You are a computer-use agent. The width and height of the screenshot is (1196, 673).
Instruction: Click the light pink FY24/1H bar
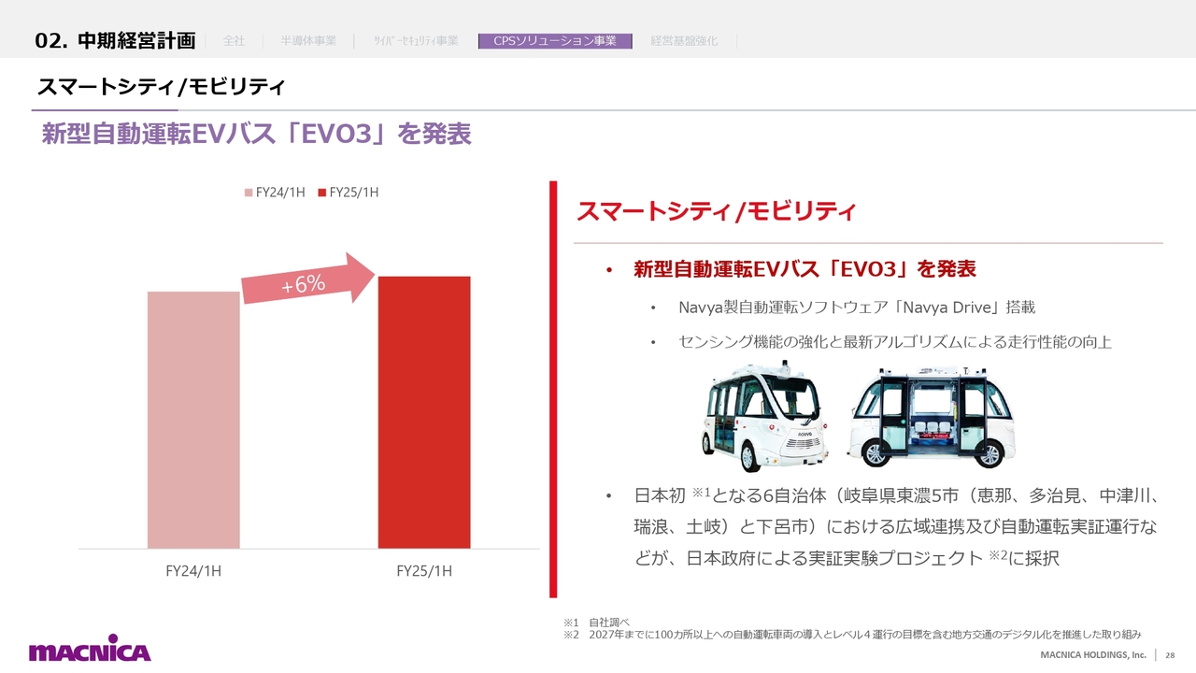193,420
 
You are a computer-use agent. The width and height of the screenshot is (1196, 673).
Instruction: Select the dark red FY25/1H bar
424,412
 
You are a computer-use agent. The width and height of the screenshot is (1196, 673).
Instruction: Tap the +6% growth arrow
307,279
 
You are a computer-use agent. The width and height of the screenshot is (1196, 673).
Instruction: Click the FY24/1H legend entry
275,193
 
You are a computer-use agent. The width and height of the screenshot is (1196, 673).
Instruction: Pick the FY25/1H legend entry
349,193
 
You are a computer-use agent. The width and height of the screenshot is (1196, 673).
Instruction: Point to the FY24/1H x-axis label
193,571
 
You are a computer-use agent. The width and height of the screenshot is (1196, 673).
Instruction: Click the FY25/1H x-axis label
424,571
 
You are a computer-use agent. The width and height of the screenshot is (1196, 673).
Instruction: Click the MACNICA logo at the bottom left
90,648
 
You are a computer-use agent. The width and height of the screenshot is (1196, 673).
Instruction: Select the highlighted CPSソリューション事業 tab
555,40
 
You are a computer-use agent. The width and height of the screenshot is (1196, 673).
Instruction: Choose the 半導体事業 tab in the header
308,40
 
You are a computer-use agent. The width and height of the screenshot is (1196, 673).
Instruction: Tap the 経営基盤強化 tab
684,40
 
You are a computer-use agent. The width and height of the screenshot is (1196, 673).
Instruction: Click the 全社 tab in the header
234,40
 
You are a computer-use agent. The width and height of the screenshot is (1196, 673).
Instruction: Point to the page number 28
1170,655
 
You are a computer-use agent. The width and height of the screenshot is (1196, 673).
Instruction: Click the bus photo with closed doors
764,416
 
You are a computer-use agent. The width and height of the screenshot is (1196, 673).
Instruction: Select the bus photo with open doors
932,417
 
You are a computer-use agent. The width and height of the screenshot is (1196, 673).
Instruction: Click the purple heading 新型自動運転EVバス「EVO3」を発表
256,134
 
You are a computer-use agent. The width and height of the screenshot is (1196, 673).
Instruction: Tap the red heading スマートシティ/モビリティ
717,211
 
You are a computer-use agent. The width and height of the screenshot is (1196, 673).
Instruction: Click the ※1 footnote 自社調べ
596,623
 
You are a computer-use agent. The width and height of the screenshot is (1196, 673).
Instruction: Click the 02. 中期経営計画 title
115,40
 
